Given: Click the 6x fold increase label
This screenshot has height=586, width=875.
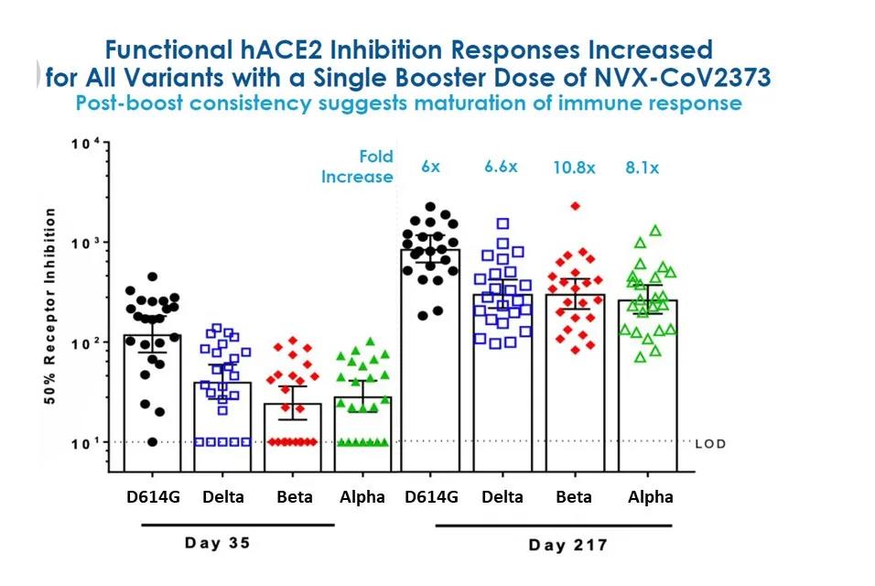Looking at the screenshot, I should pos(431,167).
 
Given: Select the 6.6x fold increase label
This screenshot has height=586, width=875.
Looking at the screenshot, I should pos(501,167).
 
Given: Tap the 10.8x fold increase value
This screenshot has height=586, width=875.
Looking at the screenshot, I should pos(574,168).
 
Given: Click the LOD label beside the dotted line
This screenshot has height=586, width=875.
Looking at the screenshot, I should pos(710,443).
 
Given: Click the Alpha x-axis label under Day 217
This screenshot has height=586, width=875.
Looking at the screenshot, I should pos(651,497).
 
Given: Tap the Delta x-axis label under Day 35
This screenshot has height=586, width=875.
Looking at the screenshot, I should pos(222,497).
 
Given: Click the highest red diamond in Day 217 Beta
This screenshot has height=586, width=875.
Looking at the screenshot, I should pos(576,206).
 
